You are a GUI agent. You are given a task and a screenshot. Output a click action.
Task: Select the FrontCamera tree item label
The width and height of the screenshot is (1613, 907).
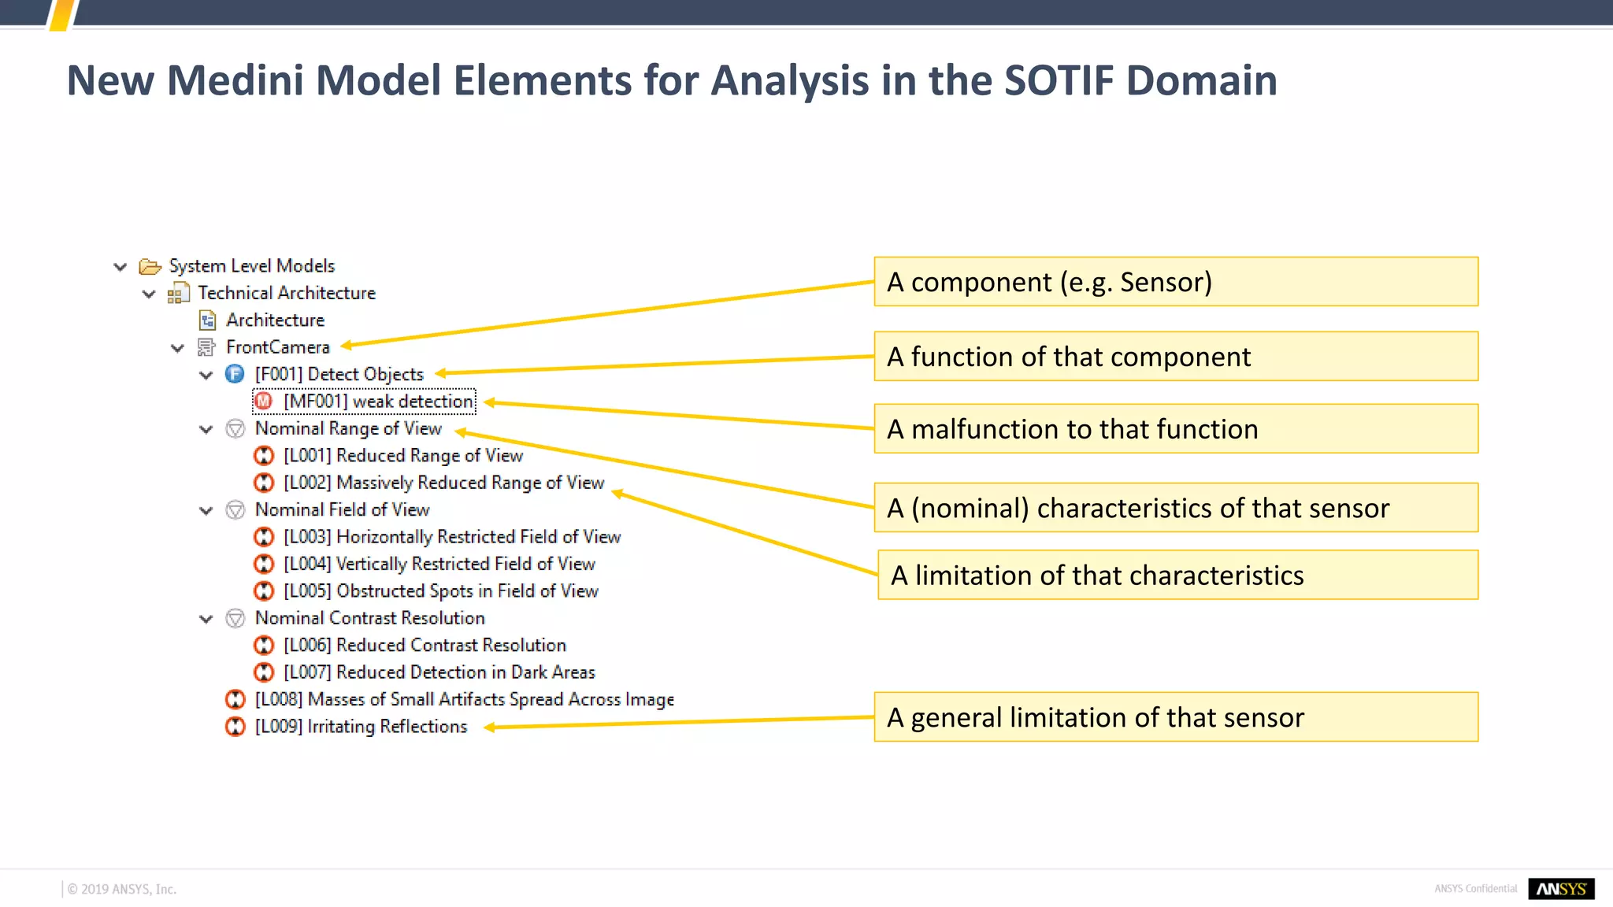277,347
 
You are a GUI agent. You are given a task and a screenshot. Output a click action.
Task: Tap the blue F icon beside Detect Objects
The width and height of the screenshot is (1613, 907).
235,374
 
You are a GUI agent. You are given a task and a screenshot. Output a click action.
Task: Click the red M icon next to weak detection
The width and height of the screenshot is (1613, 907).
264,402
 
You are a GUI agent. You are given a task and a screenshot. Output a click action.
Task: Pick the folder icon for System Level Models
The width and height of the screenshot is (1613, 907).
150,266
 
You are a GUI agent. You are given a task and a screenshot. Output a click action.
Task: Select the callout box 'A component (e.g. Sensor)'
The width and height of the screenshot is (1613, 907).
1175,282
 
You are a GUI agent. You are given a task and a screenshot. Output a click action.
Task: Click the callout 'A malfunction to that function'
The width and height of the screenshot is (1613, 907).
1175,429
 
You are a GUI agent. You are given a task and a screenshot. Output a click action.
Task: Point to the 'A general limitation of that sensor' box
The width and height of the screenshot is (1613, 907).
1175,717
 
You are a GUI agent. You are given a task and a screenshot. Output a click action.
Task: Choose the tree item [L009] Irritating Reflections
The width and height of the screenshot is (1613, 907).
361,727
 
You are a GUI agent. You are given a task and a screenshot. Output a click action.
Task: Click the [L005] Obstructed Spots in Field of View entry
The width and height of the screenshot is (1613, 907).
440,591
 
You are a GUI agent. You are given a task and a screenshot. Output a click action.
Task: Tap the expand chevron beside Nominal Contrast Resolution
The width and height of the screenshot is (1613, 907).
206,619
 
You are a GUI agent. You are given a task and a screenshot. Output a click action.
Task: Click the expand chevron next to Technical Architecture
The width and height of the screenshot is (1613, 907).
149,294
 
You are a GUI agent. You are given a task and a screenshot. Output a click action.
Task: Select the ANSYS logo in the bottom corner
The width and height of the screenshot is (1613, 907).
1561,889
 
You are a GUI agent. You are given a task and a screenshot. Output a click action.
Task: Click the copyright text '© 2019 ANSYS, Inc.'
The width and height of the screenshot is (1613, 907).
122,890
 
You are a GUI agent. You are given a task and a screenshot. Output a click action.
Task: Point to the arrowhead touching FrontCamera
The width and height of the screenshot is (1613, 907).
347,345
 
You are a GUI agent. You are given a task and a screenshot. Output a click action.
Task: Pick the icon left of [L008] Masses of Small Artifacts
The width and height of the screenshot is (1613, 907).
235,699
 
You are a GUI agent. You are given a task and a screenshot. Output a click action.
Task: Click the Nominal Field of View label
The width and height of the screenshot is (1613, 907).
342,510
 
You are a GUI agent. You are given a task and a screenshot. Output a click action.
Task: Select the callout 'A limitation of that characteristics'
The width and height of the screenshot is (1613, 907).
1177,576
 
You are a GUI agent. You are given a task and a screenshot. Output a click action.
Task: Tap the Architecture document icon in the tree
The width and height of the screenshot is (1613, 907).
207,320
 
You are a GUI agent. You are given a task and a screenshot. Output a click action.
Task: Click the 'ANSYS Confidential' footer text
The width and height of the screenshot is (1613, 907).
1475,889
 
